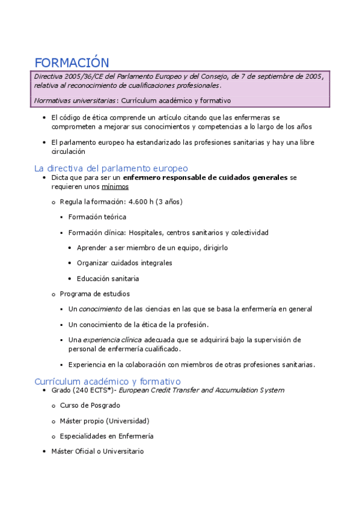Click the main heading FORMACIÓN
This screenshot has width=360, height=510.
[72, 63]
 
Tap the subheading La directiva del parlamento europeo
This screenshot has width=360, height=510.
[111, 168]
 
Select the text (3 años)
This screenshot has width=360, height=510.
[169, 201]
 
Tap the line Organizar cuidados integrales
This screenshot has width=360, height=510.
[124, 263]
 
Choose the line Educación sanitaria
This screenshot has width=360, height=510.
[108, 278]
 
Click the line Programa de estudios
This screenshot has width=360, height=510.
[95, 293]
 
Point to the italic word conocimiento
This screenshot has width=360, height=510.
[100, 309]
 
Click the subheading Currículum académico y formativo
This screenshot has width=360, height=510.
[108, 381]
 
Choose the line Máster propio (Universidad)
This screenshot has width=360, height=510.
[105, 421]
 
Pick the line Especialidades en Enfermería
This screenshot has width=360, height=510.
[107, 436]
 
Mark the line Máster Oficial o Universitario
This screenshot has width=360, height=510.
[97, 451]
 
